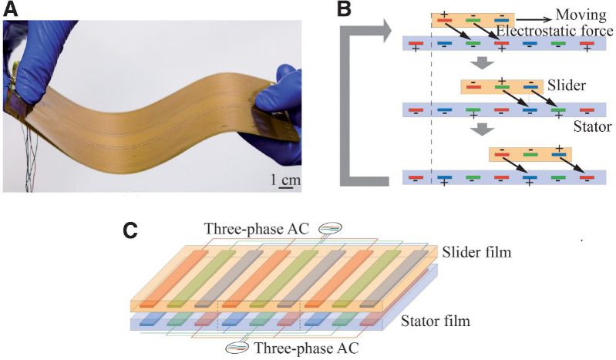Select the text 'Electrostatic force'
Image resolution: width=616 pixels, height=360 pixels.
[554, 32]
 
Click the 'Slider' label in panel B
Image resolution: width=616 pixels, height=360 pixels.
[571, 82]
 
